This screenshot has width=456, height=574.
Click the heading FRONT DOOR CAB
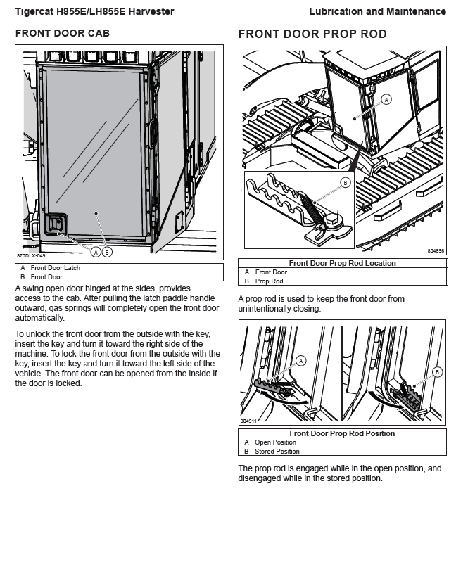click(63, 33)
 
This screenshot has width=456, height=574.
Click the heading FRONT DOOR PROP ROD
click(312, 34)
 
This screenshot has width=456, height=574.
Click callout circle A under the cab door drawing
click(96, 251)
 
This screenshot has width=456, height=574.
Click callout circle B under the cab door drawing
click(106, 251)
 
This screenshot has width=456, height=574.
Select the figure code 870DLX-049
click(31, 256)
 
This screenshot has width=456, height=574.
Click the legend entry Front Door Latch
click(55, 268)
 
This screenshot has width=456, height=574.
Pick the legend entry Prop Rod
click(269, 281)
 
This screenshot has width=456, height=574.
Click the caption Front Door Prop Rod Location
click(342, 263)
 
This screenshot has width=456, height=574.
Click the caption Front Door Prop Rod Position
click(342, 433)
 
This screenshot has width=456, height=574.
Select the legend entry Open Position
click(275, 442)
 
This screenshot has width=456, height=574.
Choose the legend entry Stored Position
click(277, 452)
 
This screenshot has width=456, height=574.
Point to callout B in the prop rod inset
click(345, 182)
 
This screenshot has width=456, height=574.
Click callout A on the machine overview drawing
click(385, 100)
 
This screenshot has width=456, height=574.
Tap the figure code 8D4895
click(436, 250)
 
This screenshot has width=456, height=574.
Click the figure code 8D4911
click(248, 421)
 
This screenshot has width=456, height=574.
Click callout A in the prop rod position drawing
click(301, 361)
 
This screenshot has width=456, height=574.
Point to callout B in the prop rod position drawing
click(437, 372)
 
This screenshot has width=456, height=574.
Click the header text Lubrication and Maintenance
click(377, 11)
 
